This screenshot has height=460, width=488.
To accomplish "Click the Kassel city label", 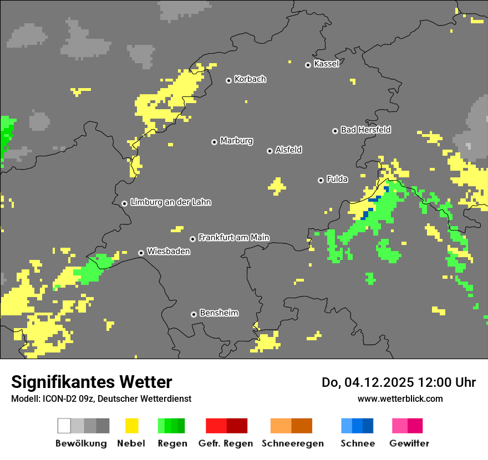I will coord(326,64).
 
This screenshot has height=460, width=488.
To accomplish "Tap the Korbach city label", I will coord(250,79).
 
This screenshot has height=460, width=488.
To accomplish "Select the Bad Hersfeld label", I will coord(365,130).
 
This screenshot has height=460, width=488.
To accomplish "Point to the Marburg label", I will coord(236,141).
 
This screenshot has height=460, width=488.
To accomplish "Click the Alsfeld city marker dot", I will coord(270,151).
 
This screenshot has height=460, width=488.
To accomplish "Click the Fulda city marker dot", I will coord(321,180).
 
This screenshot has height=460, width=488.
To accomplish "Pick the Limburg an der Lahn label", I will coord(170,202).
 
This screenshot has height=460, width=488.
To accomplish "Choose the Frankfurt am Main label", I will coord(233,238).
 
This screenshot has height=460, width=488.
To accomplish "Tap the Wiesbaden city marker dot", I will coord(141,253).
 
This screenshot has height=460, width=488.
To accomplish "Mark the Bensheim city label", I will coord(218,313).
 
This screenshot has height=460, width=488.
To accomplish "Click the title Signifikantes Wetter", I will coord(91,382).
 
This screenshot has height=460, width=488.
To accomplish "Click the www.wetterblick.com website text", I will coord(400,398).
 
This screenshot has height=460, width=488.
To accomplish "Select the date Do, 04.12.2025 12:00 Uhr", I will coord(398,382).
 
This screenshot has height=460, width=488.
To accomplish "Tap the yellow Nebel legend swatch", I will coord(131,426).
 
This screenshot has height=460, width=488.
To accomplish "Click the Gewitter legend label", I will coord(409,443).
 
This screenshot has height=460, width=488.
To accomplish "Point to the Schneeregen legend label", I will coord(293,443).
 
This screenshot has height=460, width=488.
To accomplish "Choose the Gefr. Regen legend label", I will coord(226,443).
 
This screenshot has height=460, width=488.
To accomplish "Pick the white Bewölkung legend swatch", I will coord(64,426).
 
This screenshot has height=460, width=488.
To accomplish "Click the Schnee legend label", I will coord(358,443).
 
